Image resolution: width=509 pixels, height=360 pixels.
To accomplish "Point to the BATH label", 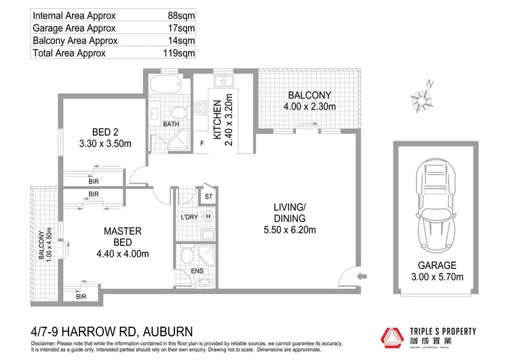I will pyautogui.click(x=170, y=124).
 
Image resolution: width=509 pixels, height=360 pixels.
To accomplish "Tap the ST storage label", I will pyautogui.click(x=208, y=197).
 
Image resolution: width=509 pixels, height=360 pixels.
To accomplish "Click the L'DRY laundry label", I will pyautogui.click(x=189, y=217).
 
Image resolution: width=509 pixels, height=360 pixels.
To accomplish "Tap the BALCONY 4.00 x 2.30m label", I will pyautogui.click(x=309, y=101).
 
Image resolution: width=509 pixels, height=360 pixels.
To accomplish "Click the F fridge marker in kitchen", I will pyautogui.click(x=202, y=143).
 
